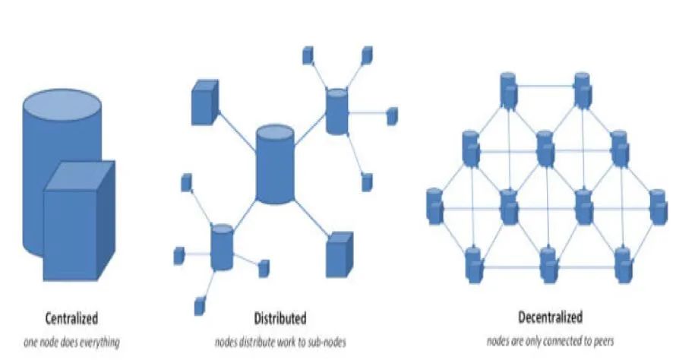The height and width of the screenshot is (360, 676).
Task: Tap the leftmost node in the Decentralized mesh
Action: [x=434, y=206]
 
